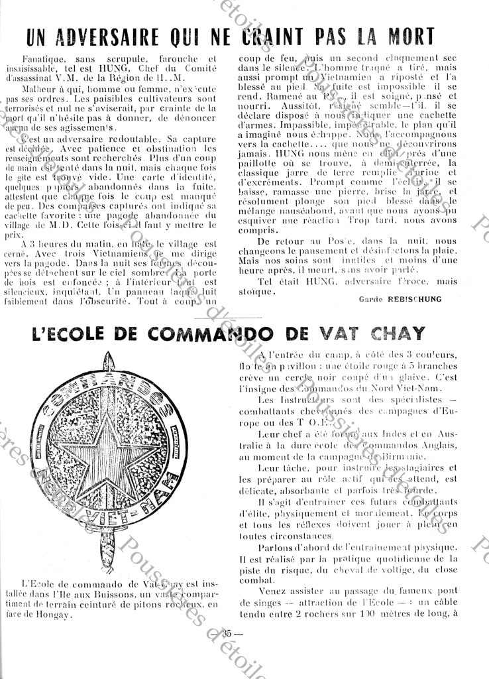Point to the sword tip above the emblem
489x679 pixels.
pyautogui.click(x=110, y=359)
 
